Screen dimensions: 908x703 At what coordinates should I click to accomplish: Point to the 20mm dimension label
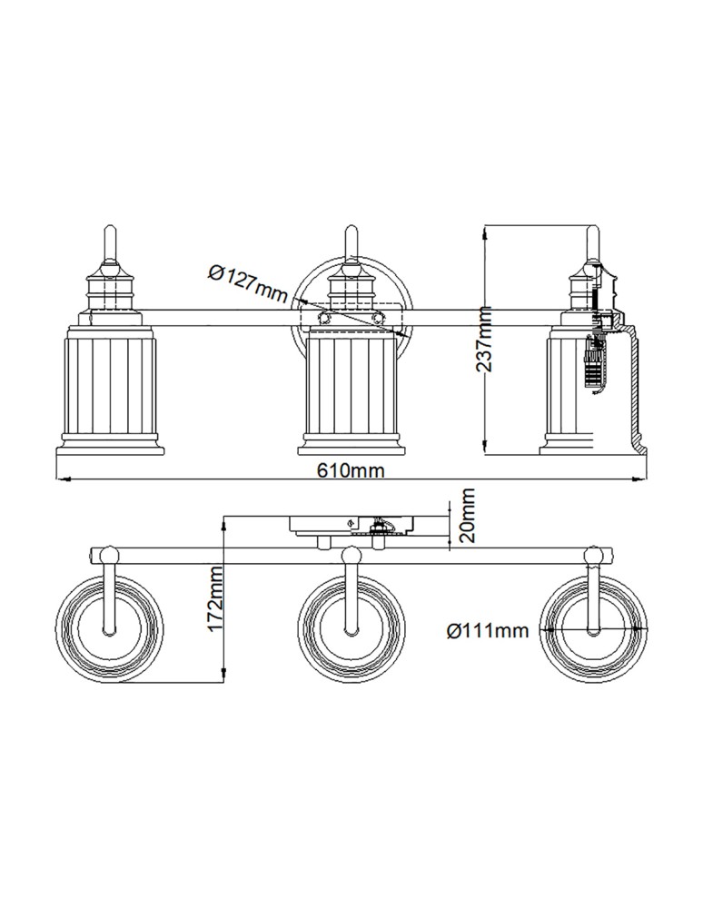pos(467,515)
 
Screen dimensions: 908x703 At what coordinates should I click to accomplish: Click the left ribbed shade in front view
pos(110,385)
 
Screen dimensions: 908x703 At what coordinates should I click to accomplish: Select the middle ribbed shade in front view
pos(351,385)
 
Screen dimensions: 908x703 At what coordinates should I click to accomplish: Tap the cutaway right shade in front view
pos(595,385)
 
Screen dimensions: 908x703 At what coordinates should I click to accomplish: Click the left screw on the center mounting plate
pos(324,317)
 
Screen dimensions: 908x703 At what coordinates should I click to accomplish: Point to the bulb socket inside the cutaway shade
pos(593,363)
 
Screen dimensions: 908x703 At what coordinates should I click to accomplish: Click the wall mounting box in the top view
pos(351,525)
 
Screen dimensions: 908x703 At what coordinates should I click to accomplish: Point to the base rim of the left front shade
pos(110,449)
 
